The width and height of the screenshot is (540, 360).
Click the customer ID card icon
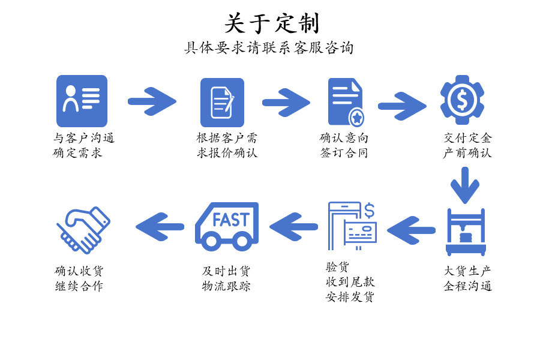point(82,100)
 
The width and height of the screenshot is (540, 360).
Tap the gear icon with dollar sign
point(462,99)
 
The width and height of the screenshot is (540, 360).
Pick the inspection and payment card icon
point(353,226)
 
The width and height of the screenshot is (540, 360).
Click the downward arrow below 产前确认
point(465,185)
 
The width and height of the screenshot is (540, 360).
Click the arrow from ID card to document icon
point(152,101)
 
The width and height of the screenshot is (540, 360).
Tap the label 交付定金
point(467,138)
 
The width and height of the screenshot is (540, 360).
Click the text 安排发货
point(350,296)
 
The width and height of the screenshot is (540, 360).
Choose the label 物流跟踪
point(226,286)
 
